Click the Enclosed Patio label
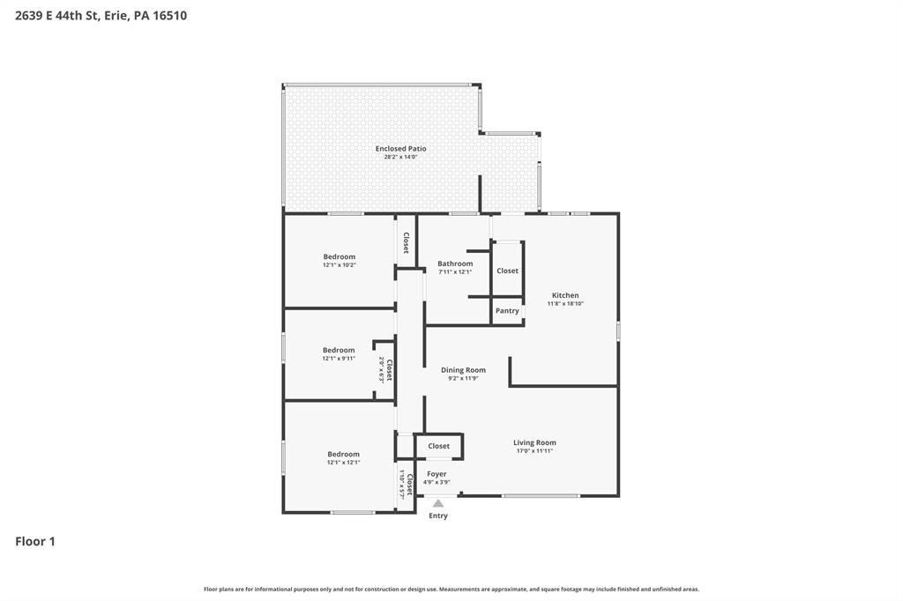(401, 149)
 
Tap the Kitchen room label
(565, 295)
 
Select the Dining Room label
(463, 370)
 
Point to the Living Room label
(534, 442)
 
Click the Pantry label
(507, 311)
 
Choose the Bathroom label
(455, 263)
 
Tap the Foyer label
(437, 474)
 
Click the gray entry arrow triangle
(438, 503)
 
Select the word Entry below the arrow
(438, 516)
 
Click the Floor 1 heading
(35, 541)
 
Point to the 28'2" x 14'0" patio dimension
(401, 157)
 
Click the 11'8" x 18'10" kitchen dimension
(565, 303)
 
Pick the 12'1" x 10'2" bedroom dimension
(340, 264)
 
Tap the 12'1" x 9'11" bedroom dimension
(339, 358)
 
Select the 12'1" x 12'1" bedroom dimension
(343, 463)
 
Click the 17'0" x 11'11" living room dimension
(534, 451)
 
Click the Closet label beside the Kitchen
(507, 271)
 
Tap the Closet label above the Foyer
(439, 446)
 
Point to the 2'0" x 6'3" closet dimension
(381, 369)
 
